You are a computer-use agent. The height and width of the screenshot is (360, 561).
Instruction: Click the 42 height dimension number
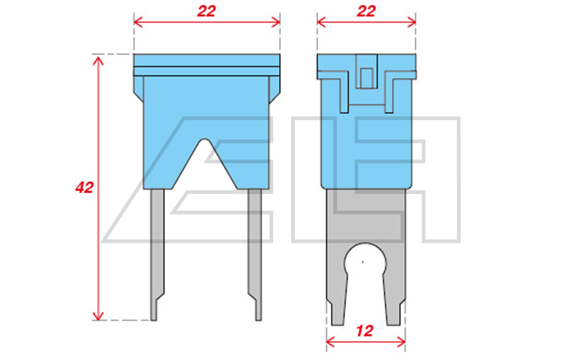click(x=84, y=187)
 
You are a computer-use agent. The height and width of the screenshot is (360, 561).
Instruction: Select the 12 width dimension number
click(x=365, y=331)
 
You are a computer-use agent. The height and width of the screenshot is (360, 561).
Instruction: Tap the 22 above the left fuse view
click(x=207, y=11)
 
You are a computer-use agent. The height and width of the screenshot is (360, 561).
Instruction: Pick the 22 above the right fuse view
click(x=366, y=11)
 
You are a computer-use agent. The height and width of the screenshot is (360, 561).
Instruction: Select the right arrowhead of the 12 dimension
click(x=401, y=342)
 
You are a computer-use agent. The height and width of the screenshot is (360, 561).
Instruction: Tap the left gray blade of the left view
click(x=157, y=254)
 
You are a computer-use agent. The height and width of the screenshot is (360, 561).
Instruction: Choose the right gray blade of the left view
click(x=255, y=254)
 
